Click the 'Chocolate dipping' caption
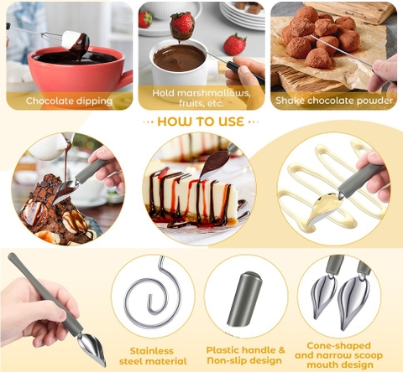click(69, 101)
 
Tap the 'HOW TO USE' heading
click(201, 121)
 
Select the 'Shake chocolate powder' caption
click(333, 101)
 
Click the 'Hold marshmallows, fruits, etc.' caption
click(201, 97)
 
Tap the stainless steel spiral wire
click(151, 297)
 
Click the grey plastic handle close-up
click(244, 298)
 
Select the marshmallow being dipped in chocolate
click(76, 40)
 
